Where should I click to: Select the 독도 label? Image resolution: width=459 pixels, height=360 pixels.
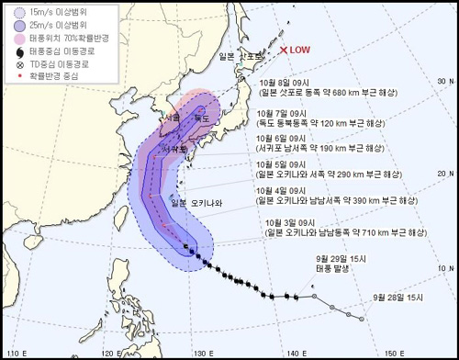click(201, 118)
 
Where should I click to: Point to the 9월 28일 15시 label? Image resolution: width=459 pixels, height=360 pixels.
click(397, 298)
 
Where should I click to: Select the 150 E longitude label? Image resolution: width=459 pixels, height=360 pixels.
click(395, 354)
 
